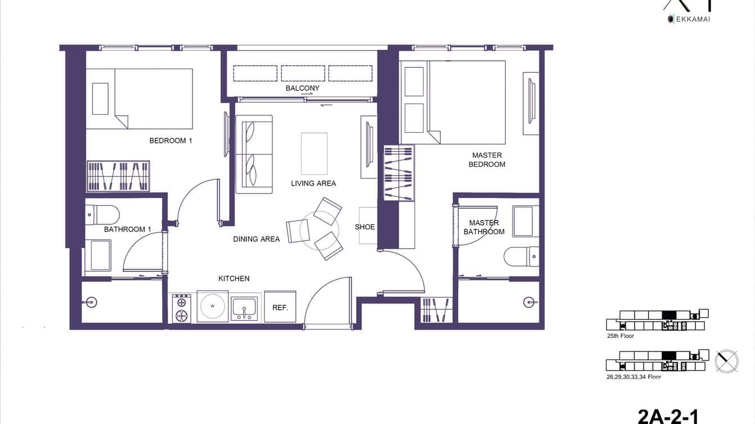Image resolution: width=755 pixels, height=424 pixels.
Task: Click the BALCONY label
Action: pyautogui.click(x=302, y=88)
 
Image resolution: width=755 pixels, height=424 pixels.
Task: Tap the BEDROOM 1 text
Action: pyautogui.click(x=170, y=141)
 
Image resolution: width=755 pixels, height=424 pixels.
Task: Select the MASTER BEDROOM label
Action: pyautogui.click(x=488, y=160)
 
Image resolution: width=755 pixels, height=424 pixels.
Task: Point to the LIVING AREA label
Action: pyautogui.click(x=313, y=183)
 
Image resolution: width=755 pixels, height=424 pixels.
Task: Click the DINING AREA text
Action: pyautogui.click(x=256, y=239)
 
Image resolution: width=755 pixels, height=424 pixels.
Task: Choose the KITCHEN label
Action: pyautogui.click(x=233, y=278)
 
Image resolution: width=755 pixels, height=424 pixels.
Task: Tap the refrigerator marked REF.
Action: pyautogui.click(x=280, y=307)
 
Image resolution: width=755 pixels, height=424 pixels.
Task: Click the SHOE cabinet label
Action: pyautogui.click(x=365, y=227)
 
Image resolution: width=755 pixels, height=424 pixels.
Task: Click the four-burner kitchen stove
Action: pyautogui.click(x=182, y=309)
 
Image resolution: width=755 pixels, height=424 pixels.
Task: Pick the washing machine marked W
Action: pyautogui.click(x=213, y=306)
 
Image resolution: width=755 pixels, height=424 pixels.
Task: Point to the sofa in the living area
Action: pyautogui.click(x=254, y=154)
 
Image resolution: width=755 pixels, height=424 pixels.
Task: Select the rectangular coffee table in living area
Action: pyautogui.click(x=314, y=154)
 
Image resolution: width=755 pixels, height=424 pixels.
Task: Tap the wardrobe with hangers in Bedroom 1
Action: pyautogui.click(x=118, y=176)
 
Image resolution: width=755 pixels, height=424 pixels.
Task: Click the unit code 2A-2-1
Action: pyautogui.click(x=668, y=416)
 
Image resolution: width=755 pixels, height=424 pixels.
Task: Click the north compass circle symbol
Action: pyautogui.click(x=726, y=360)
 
